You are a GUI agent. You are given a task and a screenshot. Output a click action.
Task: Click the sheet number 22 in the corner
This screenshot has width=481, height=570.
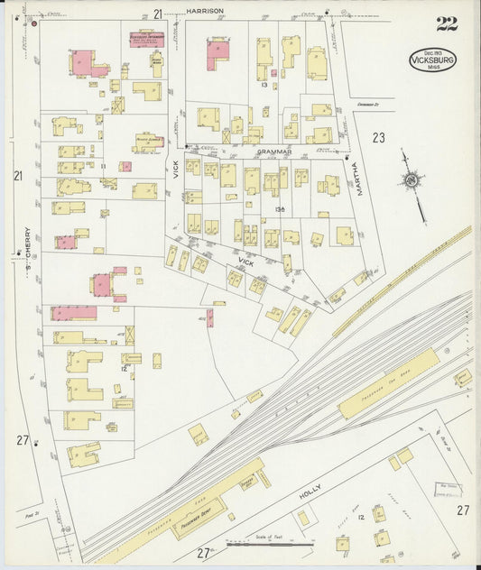446,23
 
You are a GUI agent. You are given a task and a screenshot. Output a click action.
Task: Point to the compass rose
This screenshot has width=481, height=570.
412,181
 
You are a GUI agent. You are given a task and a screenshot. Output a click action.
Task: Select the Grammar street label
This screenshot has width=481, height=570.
273,152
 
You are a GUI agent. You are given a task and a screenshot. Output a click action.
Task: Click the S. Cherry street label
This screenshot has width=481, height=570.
28,242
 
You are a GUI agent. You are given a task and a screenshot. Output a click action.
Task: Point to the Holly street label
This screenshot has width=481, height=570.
310,493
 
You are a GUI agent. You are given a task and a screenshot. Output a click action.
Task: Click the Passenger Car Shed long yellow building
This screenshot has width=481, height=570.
388,383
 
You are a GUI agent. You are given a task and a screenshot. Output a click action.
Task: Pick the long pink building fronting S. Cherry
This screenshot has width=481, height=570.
73,313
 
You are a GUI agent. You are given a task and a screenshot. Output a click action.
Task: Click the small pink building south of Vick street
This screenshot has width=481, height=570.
210,317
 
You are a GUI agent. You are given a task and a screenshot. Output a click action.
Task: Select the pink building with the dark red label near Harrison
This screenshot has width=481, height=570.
146,39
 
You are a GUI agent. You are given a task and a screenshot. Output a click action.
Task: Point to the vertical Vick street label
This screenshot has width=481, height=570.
177,168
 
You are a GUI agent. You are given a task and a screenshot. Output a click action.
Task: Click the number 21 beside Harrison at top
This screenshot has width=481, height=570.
158,14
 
